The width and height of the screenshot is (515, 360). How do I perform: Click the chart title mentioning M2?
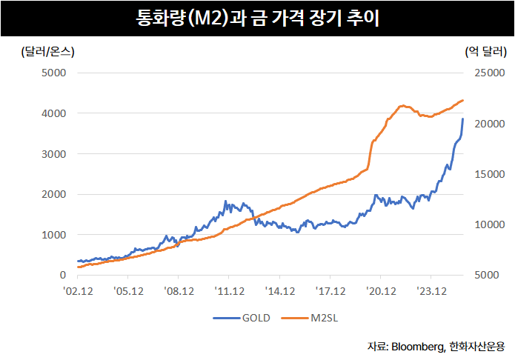pos(257,18)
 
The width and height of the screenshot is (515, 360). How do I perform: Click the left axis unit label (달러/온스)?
pos(44,52)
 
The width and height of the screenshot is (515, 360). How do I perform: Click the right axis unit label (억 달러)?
pos(485,52)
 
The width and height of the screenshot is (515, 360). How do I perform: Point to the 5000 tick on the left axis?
pos(53,73)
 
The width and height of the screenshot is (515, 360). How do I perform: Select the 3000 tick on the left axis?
pos(53,154)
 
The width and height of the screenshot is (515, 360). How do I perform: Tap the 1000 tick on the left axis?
pos(53,235)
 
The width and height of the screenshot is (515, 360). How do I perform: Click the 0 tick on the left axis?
pos(62,275)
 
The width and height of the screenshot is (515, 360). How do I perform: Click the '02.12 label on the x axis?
pos(79,291)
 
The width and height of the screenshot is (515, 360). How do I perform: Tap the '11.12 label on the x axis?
pos(230,291)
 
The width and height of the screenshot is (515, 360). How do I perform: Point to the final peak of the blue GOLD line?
pos(463,119)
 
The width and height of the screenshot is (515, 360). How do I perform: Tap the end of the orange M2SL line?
pos(463,100)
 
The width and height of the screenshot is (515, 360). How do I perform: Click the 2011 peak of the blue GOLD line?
pos(225,201)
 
